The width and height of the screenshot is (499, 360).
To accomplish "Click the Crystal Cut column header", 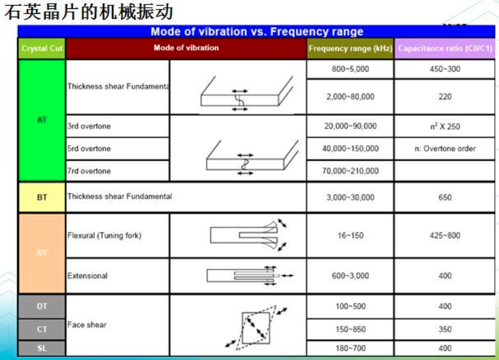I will tap(42, 49).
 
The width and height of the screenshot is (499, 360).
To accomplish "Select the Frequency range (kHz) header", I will tap(350, 49).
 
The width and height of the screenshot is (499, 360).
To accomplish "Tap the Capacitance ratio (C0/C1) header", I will tap(445, 49).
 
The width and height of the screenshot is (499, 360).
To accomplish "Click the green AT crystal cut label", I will tap(42, 120).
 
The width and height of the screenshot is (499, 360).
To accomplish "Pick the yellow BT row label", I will tap(42, 198).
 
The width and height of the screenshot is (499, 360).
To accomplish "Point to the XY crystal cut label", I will tap(42, 253).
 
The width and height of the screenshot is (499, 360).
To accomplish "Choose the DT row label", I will tap(42, 306).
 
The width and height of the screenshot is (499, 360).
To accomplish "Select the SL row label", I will tap(42, 348).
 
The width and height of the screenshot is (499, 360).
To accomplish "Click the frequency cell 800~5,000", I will tap(351, 69).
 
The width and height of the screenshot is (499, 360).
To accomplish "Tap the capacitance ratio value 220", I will tap(445, 97).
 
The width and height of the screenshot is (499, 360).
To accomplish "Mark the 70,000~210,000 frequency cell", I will tap(351, 171).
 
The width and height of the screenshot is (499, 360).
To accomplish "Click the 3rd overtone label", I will tap(89, 126).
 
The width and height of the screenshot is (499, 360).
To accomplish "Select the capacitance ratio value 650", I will tap(445, 198).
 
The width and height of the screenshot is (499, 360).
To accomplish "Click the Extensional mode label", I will tap(88, 276).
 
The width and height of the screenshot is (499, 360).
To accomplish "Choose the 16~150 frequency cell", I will tap(351, 235).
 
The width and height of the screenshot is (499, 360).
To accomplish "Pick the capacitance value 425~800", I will tap(445, 235).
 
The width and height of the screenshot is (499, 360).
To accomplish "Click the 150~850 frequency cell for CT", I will tap(351, 329).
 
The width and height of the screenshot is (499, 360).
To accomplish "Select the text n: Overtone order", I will tap(445, 148).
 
